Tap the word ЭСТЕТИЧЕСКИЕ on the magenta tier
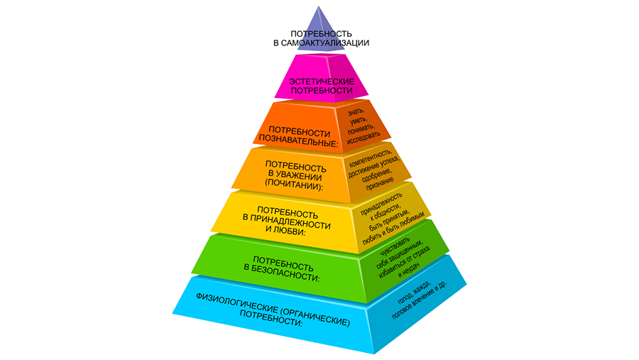pyautogui.click(x=322, y=82)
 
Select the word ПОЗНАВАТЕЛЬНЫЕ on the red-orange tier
pyautogui.click(x=297, y=141)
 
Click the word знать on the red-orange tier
pyautogui.click(x=356, y=111)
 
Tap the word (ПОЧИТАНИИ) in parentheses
pyautogui.click(x=293, y=185)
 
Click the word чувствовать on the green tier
pyautogui.click(x=391, y=245)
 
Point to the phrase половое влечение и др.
pyautogui.click(x=420, y=300)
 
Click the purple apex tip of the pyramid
pyautogui.click(x=319, y=6)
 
